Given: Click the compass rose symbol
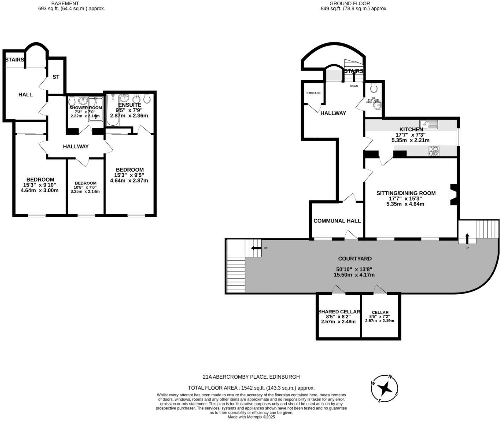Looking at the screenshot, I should pyautogui.click(x=384, y=389).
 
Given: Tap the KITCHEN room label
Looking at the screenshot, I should pyautogui.click(x=411, y=130).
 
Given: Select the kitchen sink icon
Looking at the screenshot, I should pyautogui.click(x=428, y=124).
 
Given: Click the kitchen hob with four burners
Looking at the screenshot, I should pyautogui.click(x=434, y=151).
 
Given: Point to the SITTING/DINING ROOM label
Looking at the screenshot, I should pyautogui.click(x=406, y=193).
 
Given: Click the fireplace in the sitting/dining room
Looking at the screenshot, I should pyautogui.click(x=453, y=195).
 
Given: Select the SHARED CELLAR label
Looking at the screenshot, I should pyautogui.click(x=339, y=312).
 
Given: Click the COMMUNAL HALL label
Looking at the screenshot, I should pyautogui.click(x=337, y=221).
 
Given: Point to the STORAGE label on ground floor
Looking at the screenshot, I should pyautogui.click(x=313, y=93).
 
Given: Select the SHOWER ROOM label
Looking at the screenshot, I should pyautogui.click(x=85, y=108).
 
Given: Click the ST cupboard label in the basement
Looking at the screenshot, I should pyautogui.click(x=56, y=77).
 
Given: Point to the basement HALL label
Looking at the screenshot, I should pyautogui.click(x=25, y=95).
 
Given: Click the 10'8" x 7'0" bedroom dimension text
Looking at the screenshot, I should pyautogui.click(x=85, y=187).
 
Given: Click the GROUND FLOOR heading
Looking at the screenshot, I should pyautogui.click(x=345, y=4).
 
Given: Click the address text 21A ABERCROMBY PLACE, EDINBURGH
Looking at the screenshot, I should pyautogui.click(x=251, y=377).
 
